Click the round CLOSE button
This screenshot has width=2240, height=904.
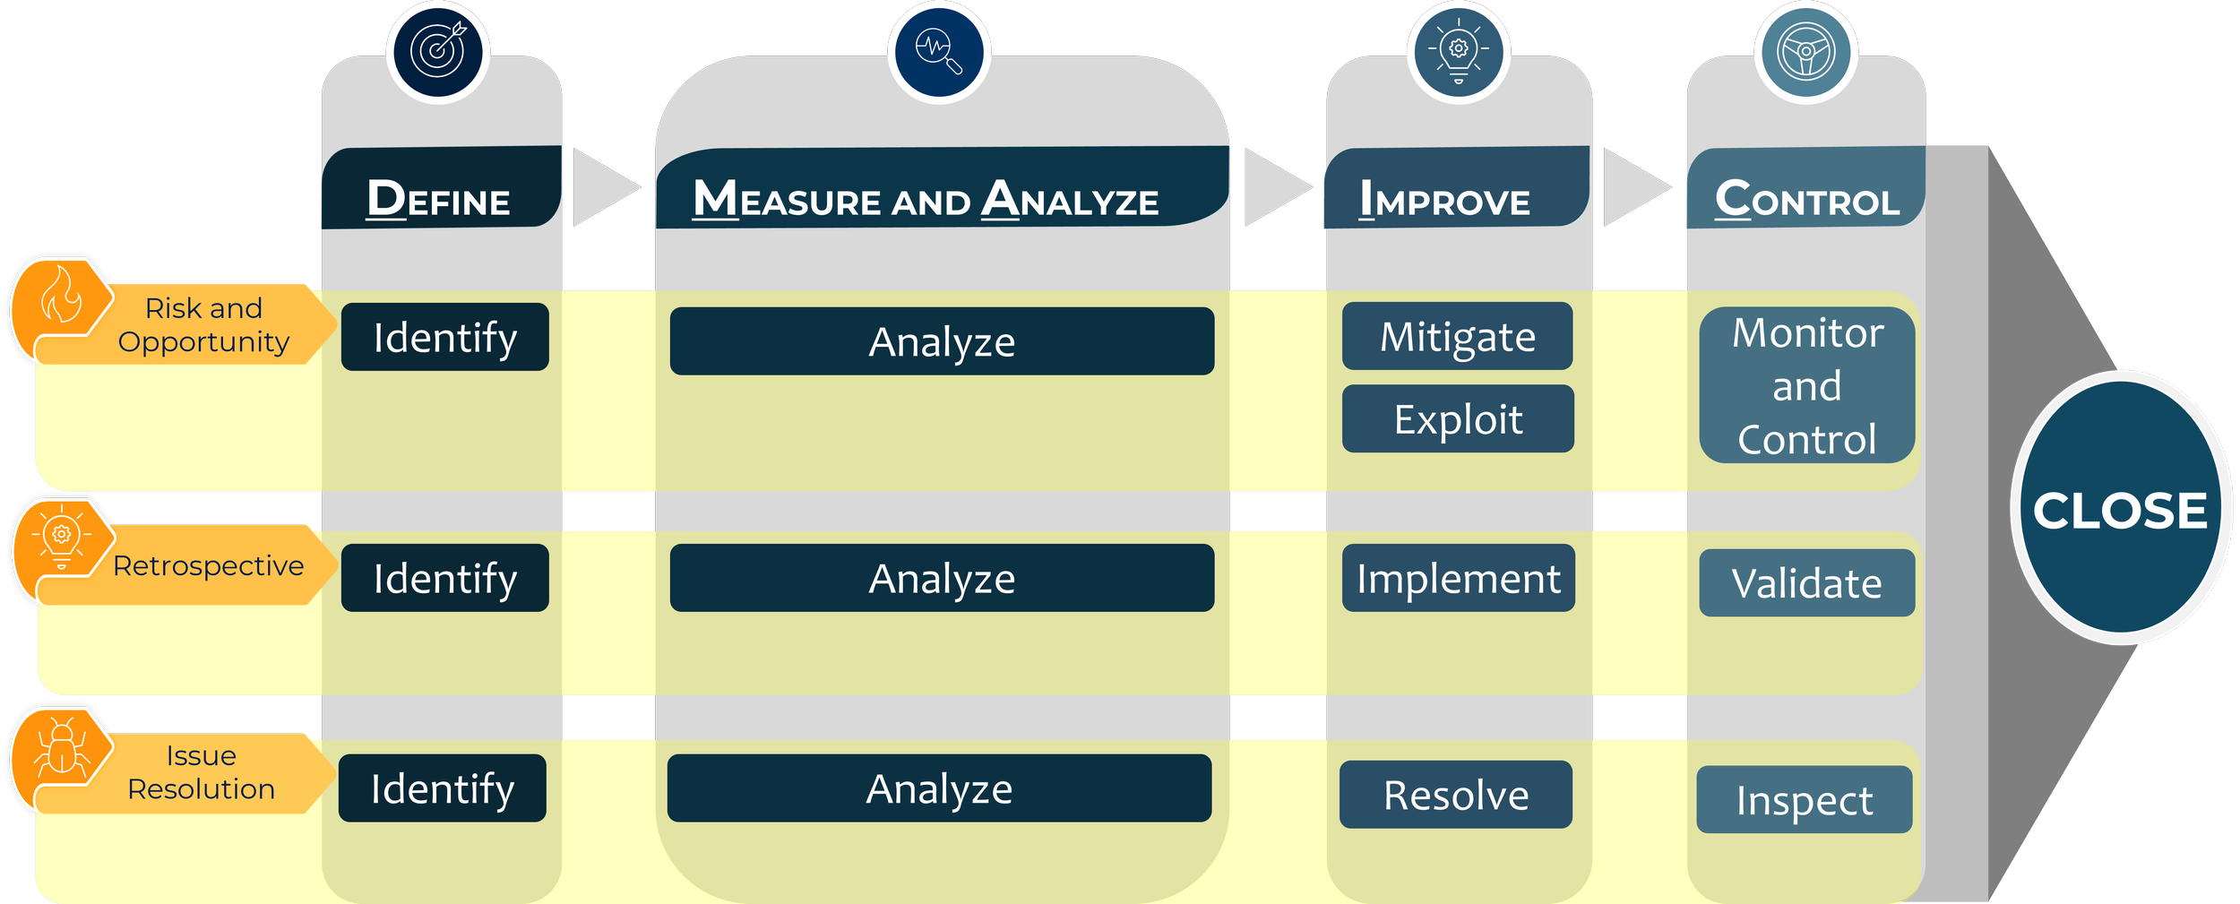[x=2120, y=508]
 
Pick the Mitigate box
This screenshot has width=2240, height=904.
[x=1457, y=336]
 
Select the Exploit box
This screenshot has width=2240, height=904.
[x=1458, y=418]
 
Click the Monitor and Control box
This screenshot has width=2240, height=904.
[x=1806, y=385]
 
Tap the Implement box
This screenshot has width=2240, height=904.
[x=1458, y=578]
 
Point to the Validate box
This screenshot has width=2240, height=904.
[x=1806, y=582]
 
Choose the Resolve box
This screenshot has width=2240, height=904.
[x=1455, y=794]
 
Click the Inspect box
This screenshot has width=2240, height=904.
[x=1804, y=799]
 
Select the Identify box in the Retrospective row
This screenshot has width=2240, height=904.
[x=444, y=578]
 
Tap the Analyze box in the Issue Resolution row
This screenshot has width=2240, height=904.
[x=939, y=788]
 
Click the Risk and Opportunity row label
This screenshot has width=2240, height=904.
[x=204, y=324]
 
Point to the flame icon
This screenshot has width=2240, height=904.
[x=61, y=296]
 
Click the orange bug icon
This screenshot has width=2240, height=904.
[x=61, y=745]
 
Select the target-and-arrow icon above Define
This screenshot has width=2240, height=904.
[x=437, y=51]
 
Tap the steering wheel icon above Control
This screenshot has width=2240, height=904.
[x=1805, y=51]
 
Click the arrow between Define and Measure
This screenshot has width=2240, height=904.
[x=605, y=187]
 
